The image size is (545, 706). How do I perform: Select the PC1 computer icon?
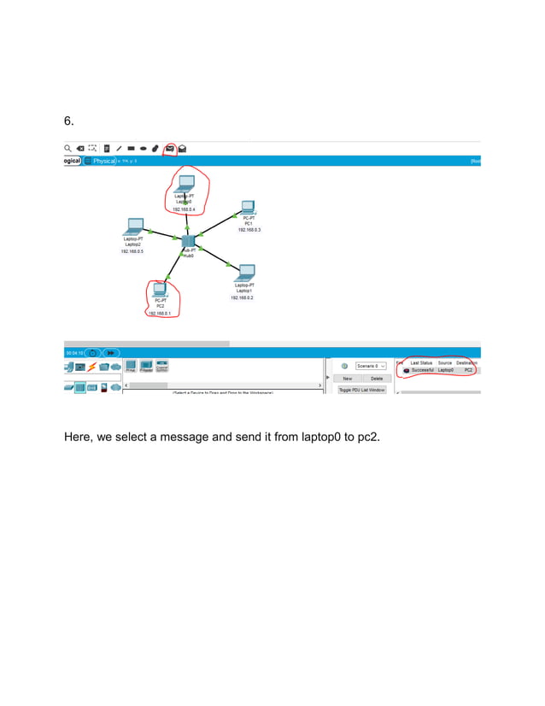click(249, 207)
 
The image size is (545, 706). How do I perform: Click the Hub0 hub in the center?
click(189, 241)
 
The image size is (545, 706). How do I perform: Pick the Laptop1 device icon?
click(245, 273)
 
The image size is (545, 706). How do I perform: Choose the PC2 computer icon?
click(160, 289)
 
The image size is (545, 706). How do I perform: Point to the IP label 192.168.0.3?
click(249, 230)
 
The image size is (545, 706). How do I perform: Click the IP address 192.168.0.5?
click(132, 251)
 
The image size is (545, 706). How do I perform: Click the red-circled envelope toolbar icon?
click(170, 148)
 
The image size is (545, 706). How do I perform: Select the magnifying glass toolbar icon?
click(68, 148)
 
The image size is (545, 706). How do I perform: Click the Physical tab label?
click(108, 161)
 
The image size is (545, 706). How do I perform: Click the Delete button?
click(376, 378)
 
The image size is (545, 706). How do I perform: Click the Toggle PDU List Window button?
click(362, 390)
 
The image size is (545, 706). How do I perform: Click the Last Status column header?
click(421, 362)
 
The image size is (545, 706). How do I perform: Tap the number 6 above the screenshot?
click(69, 120)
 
